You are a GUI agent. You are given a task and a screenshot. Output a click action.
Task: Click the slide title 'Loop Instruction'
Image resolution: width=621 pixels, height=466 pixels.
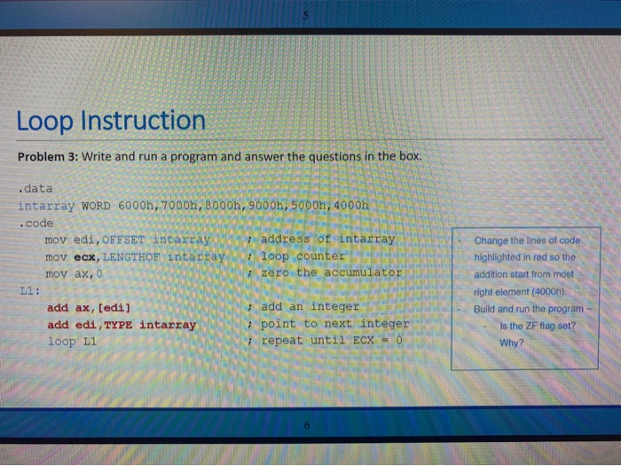[111, 121]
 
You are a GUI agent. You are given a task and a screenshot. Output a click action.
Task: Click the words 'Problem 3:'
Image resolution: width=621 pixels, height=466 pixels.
[49, 157]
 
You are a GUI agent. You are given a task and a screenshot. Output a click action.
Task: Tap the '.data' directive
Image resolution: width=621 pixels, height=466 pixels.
[36, 188]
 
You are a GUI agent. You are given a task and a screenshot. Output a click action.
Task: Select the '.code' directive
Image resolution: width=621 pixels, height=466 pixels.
[36, 222]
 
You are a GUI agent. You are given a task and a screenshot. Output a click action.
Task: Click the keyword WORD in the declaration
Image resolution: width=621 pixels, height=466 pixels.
[95, 205]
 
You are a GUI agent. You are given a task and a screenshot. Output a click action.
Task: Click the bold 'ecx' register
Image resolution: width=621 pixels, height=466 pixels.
[85, 256]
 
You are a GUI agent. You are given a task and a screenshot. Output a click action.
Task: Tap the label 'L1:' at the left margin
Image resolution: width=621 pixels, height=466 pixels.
[29, 289]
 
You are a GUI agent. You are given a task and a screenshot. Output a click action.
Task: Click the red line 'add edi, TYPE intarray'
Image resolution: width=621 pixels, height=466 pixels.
[121, 324]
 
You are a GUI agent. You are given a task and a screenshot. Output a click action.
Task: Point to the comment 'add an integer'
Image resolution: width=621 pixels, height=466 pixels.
[310, 307]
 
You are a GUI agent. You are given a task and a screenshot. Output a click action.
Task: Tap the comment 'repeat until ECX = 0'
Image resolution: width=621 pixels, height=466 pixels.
[331, 341]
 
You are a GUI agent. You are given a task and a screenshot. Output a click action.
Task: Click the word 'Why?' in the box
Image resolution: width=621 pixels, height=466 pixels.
[512, 343]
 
